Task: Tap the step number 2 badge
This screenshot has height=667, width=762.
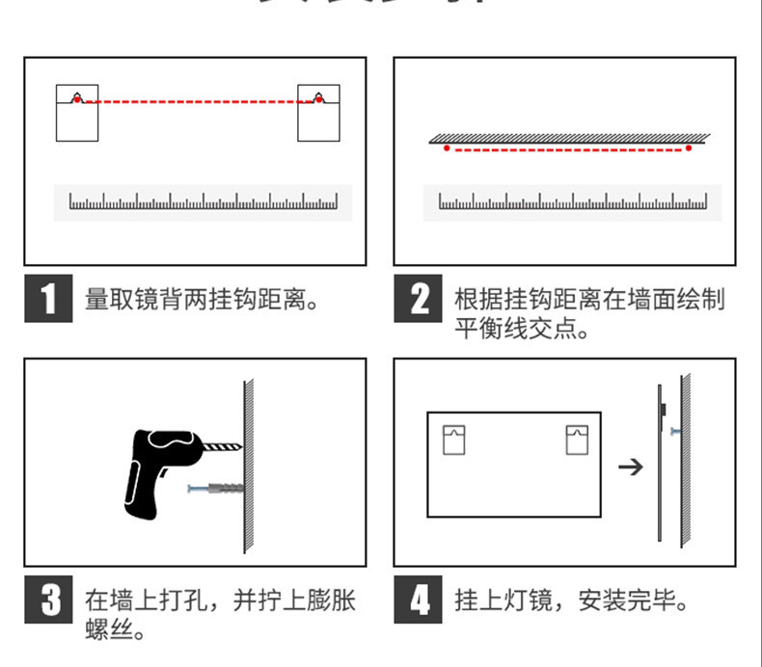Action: point(418,299)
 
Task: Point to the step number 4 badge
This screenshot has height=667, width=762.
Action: point(418,602)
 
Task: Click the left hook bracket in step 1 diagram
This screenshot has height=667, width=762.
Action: point(76,113)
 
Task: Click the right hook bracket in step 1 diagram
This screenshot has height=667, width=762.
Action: point(318,113)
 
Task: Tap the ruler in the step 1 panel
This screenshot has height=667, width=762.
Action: point(203,202)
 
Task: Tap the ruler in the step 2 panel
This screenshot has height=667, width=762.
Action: point(572,202)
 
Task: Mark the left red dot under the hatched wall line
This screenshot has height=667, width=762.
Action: point(446,148)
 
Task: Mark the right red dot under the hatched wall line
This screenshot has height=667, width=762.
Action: point(689,148)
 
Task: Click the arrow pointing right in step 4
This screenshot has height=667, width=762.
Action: point(630,467)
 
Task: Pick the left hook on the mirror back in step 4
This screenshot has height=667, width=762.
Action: point(453,440)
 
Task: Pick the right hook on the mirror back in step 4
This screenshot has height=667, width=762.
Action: point(575,440)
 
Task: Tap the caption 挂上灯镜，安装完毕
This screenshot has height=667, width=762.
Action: point(573,602)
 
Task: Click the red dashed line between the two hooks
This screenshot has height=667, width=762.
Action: point(198,100)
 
